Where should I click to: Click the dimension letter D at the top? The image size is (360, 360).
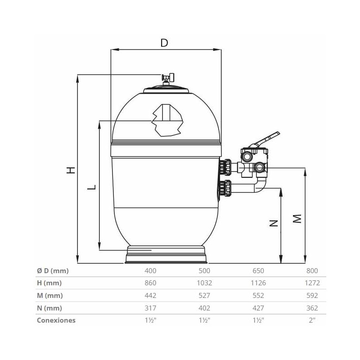pyautogui.click(x=164, y=43)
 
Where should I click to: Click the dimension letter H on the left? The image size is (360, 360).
pyautogui.click(x=70, y=170)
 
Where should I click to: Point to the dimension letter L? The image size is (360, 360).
pyautogui.click(x=91, y=187)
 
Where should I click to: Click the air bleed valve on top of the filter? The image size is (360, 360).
pyautogui.click(x=167, y=79)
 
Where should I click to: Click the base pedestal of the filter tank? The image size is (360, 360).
pyautogui.click(x=167, y=255)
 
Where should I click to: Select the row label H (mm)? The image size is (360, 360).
pyautogui.click(x=49, y=283)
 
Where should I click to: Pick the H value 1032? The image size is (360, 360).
pyautogui.click(x=204, y=283)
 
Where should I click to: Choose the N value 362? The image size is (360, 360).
pyautogui.click(x=311, y=308)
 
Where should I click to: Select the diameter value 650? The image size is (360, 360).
pyautogui.click(x=258, y=270)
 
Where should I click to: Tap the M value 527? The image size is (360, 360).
pyautogui.click(x=205, y=296)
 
